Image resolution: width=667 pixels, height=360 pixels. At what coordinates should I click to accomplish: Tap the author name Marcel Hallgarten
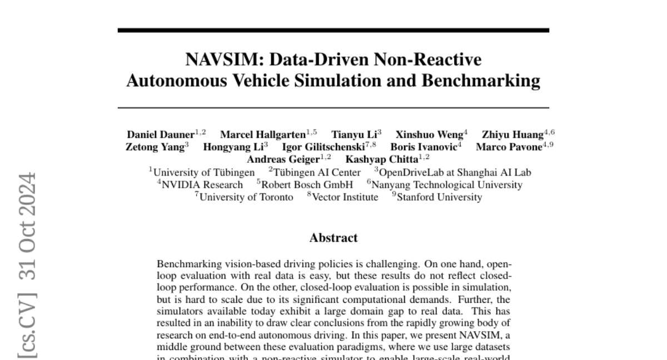pos(263,134)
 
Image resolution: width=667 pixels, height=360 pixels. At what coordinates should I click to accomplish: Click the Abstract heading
pos(333,238)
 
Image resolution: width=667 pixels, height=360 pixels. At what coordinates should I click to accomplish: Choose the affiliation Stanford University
pos(439,197)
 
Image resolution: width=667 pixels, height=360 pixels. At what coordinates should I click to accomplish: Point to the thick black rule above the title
pos(333,30)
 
